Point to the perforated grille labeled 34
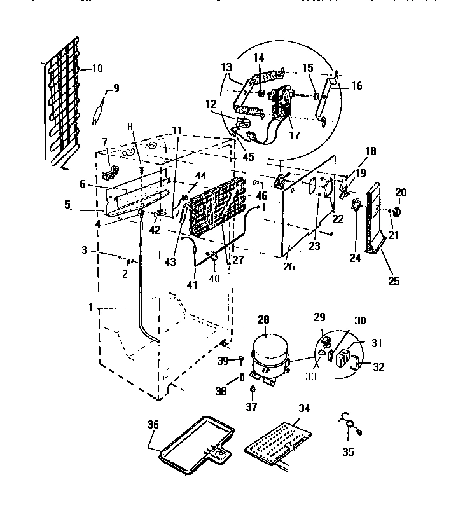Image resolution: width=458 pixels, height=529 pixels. (277, 444)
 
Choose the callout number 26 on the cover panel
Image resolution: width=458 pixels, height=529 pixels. (289, 268)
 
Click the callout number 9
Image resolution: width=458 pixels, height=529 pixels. (115, 88)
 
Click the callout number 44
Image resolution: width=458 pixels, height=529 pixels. (201, 175)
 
